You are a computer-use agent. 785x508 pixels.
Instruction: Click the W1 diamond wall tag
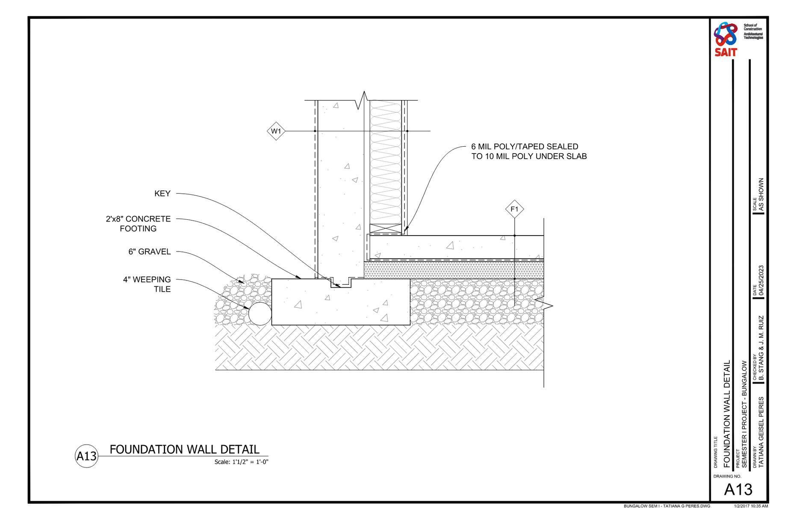point(276,131)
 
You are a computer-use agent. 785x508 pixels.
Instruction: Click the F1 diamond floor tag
point(514,210)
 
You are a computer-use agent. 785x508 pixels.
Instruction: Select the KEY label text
point(162,194)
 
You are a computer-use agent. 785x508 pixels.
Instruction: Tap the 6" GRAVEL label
point(150,252)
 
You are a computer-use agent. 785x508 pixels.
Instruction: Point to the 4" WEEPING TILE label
point(147,284)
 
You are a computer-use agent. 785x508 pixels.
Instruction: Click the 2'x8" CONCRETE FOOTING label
point(139,224)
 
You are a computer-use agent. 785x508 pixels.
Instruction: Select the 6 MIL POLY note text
point(529,151)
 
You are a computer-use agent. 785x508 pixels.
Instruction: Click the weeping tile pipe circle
point(260,314)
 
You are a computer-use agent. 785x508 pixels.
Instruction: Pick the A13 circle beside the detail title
point(86,456)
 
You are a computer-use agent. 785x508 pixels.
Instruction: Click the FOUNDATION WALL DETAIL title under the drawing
point(184,449)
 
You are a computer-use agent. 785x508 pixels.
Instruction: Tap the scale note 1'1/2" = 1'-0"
point(241,462)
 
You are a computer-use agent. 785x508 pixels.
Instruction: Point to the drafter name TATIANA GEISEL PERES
point(761,432)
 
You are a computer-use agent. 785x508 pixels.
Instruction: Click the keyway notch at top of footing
point(340,283)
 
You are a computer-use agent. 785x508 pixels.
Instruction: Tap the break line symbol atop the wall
point(363,100)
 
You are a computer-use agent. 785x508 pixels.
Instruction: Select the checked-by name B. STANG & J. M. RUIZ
point(761,349)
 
